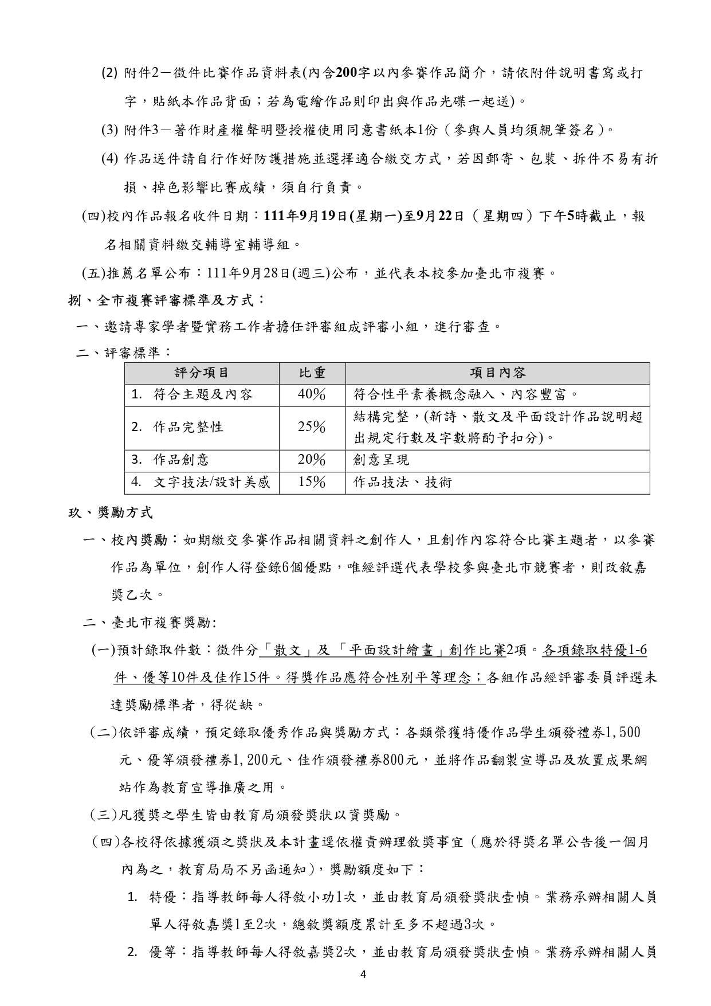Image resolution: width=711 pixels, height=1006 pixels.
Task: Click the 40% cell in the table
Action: tap(312, 394)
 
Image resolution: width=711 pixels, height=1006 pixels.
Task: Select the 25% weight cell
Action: tap(312, 427)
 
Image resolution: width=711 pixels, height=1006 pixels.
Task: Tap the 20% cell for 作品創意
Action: tap(312, 460)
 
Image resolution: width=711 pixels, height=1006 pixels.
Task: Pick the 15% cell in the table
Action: tap(312, 482)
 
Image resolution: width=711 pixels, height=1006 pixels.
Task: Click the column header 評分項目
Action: tap(202, 373)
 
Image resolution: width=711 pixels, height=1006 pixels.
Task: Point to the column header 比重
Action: tap(312, 373)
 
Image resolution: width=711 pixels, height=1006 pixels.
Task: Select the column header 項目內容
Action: tap(497, 373)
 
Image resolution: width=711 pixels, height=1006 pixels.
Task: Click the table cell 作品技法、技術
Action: tap(403, 483)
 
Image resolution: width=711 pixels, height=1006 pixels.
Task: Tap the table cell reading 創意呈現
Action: tap(382, 460)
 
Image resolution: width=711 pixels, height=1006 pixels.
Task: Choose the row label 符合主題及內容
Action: tap(203, 395)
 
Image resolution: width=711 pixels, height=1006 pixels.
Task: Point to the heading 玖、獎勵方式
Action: tap(110, 512)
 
